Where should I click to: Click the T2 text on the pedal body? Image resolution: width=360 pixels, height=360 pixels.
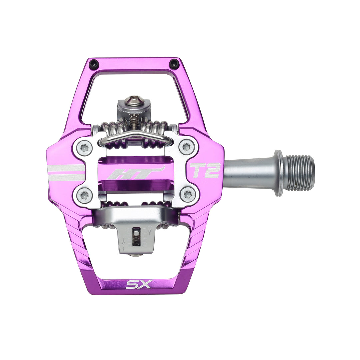[205, 170]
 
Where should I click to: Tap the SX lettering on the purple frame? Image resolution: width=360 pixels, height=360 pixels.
[138, 285]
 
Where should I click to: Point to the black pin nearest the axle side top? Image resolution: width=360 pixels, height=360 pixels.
[174, 63]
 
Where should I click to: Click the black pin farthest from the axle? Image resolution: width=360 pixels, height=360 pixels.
[94, 63]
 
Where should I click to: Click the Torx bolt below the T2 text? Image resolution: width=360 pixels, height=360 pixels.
[188, 195]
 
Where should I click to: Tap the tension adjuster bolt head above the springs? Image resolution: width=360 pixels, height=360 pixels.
[134, 101]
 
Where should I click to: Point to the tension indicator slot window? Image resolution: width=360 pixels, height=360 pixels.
[136, 237]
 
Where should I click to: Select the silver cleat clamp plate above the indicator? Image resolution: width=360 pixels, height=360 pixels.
[137, 215]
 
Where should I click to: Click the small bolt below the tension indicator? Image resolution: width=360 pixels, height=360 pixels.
[135, 255]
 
